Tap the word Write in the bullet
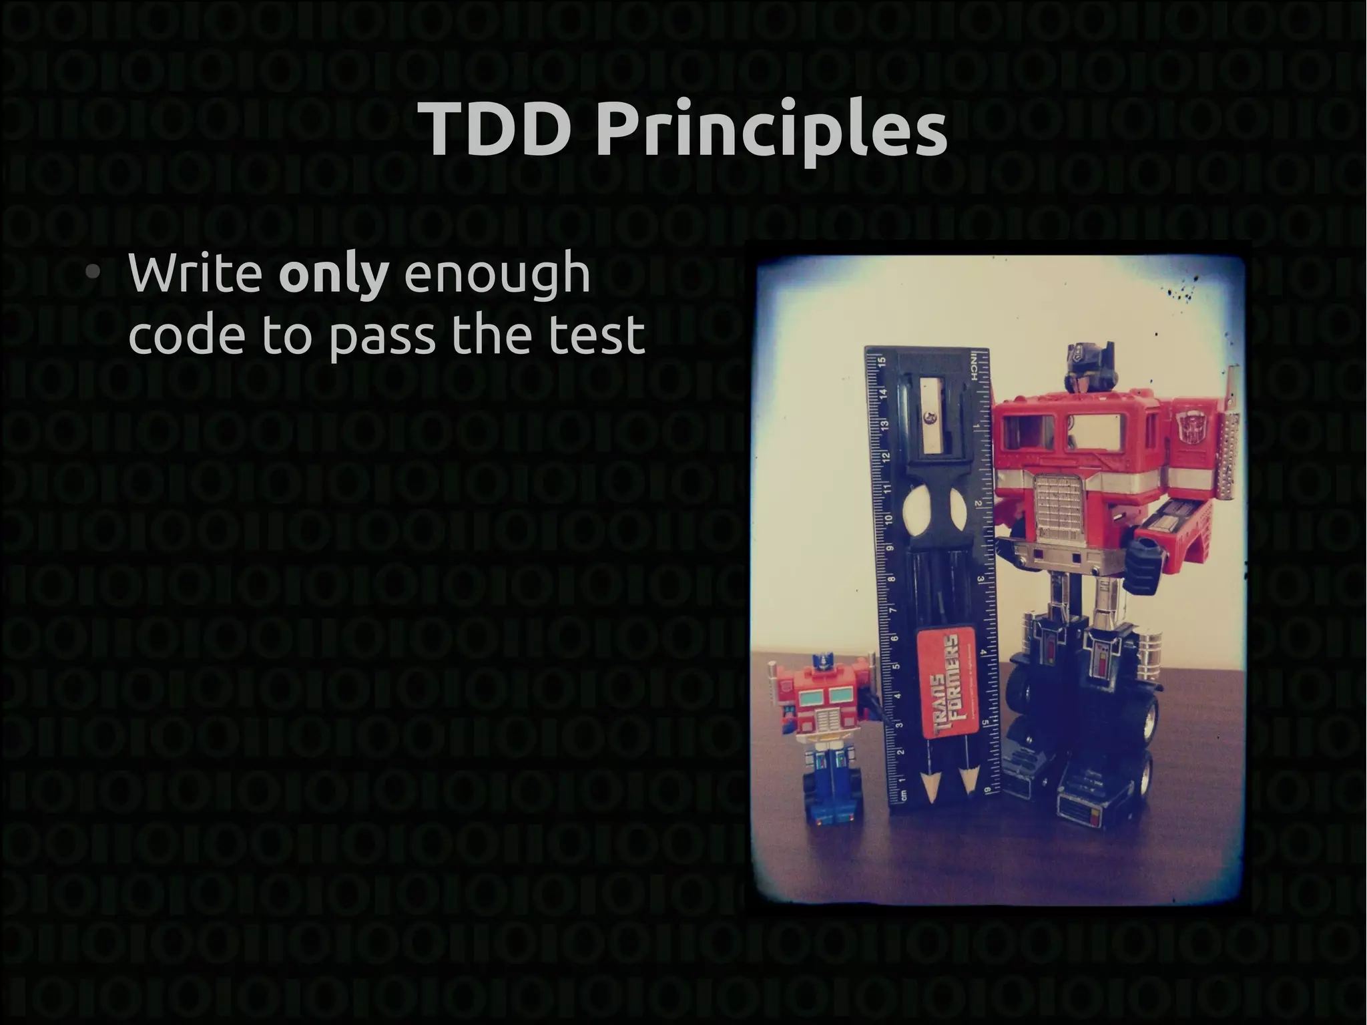[195, 273]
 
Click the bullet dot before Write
[94, 273]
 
